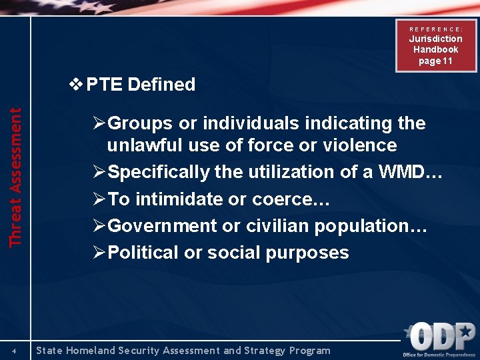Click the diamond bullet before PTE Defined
click(77, 85)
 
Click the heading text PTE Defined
click(141, 85)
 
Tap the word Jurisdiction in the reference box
click(435, 39)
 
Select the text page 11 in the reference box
click(435, 61)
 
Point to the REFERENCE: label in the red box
click(435, 29)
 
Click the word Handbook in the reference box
click(435, 50)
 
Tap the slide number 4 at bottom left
click(14, 351)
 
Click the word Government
click(162, 226)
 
